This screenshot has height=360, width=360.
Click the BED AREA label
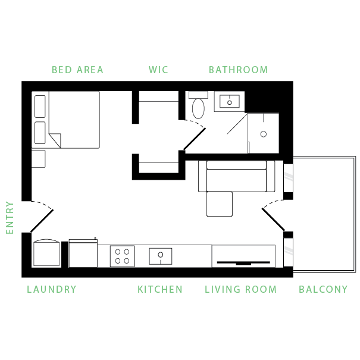(77, 70)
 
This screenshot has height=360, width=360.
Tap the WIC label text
(158, 70)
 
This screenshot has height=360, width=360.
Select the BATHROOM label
(239, 70)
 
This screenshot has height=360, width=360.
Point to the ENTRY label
(10, 218)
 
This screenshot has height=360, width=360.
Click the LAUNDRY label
(52, 289)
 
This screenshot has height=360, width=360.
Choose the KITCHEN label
(160, 289)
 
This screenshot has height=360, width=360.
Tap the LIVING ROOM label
(240, 289)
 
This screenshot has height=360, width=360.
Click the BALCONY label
(323, 289)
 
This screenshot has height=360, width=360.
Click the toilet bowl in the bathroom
(198, 109)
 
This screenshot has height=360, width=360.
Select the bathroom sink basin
(230, 102)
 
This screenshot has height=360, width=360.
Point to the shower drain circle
(264, 134)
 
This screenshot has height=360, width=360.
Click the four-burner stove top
(122, 256)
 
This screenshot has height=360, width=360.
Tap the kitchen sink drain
(161, 255)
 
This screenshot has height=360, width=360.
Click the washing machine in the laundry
(46, 252)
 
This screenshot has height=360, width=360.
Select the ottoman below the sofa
(220, 204)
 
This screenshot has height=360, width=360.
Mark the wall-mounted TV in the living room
(243, 262)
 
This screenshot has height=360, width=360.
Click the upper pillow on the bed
(40, 107)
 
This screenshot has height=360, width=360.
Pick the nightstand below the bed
(38, 159)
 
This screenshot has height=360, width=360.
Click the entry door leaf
(42, 221)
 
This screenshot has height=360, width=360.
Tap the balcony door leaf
(274, 219)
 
